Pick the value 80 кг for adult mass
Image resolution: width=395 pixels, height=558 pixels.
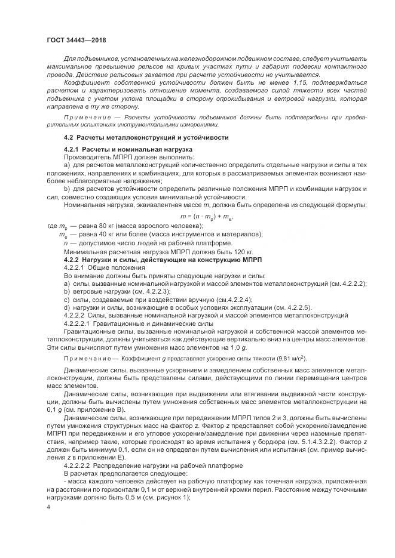pos(112,226)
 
